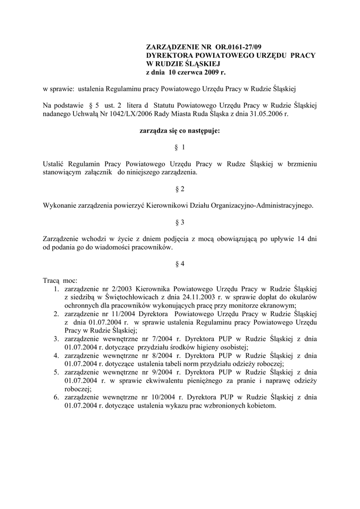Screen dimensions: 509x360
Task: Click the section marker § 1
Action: [x=180, y=148]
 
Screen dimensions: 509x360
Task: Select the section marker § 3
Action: [x=180, y=223]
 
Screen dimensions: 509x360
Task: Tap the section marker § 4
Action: [x=180, y=264]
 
